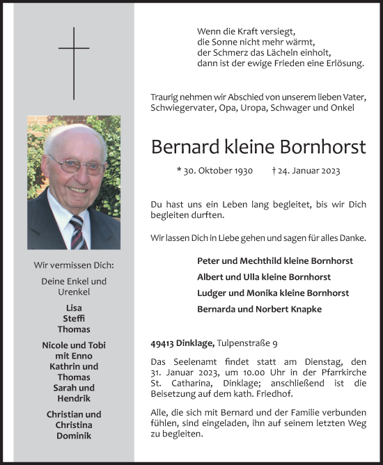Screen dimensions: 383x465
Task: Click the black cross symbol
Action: (x=74, y=62)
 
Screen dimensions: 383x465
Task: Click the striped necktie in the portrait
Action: (x=77, y=231)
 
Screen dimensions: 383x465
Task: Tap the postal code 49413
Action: (x=164, y=342)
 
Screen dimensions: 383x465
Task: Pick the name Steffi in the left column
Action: (x=74, y=319)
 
